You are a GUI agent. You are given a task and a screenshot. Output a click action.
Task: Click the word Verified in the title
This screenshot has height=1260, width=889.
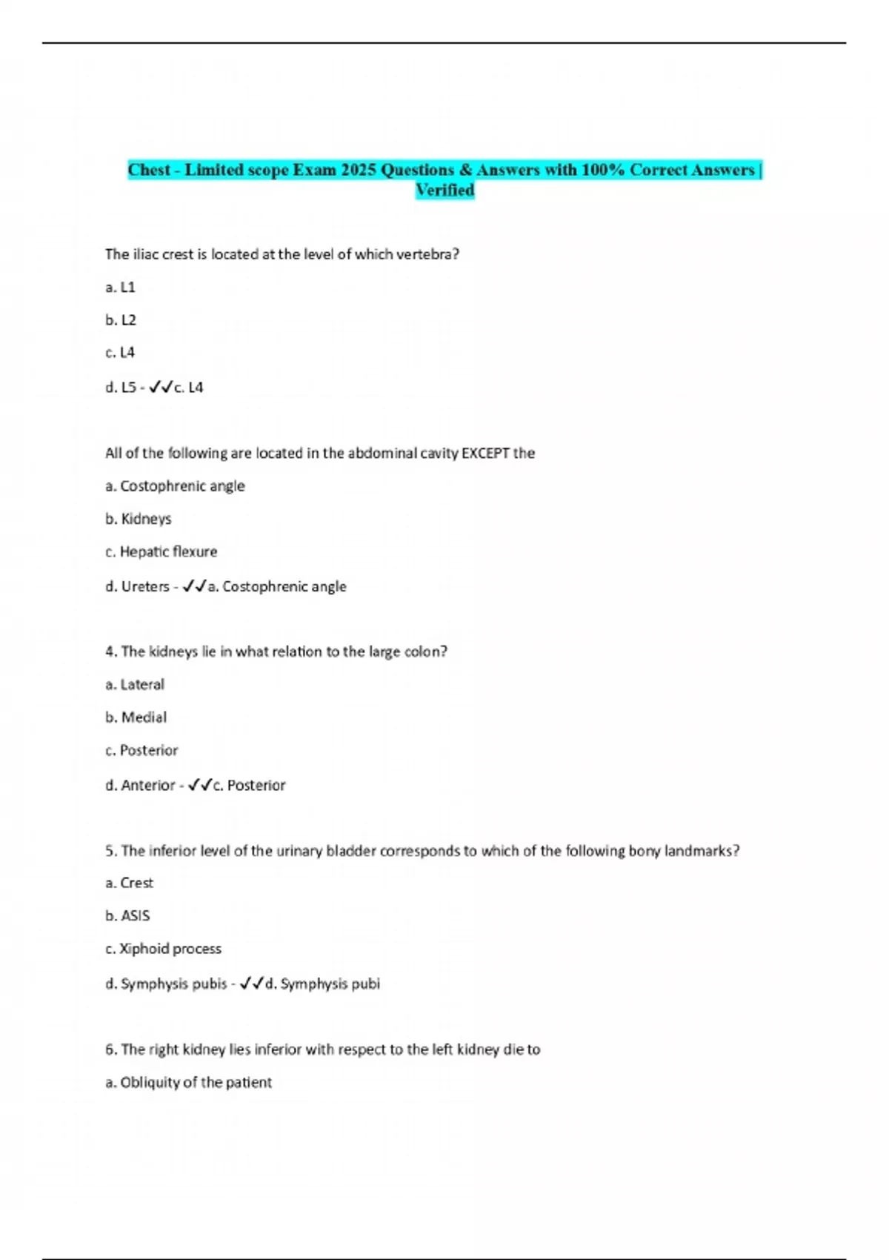tap(444, 190)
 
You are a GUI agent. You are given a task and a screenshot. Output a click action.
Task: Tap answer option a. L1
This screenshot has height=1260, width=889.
tap(120, 287)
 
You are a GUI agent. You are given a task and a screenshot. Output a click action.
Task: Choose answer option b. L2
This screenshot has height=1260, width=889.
tap(121, 320)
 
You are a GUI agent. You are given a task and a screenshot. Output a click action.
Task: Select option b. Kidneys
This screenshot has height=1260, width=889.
tap(139, 519)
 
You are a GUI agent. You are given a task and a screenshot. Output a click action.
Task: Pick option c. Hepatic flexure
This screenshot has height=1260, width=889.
tap(162, 551)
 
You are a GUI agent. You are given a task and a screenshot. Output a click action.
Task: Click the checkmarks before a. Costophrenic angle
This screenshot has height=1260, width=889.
tap(194, 586)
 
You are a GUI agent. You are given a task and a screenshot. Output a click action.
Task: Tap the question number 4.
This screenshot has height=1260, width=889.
tap(111, 651)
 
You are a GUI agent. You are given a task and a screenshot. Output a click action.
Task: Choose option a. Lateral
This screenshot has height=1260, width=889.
tap(135, 684)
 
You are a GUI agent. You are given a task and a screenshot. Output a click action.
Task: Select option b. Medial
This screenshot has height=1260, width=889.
tap(136, 717)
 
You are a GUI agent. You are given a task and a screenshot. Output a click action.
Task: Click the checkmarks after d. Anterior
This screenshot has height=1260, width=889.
tap(200, 785)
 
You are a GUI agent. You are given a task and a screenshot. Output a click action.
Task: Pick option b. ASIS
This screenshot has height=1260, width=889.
tap(127, 916)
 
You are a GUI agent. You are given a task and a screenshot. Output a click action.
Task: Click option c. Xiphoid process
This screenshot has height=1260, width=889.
tap(163, 949)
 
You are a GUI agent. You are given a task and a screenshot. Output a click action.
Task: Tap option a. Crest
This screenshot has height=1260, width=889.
tap(130, 883)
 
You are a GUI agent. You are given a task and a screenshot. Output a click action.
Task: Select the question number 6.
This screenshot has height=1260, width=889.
tap(111, 1050)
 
